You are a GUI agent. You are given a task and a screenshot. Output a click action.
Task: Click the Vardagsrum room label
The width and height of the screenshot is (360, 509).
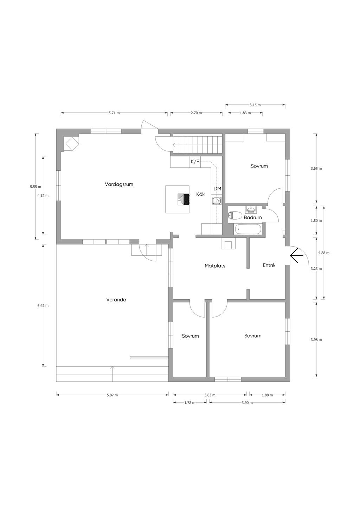tap(119, 184)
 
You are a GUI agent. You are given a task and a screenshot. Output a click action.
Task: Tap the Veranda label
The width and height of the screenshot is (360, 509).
tap(116, 300)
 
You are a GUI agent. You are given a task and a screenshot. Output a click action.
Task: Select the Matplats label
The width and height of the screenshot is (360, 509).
tap(215, 266)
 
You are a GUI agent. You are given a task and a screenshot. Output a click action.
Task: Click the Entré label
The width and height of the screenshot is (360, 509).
tap(269, 265)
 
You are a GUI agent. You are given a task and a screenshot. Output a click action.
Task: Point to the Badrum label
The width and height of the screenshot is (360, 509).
tap(253, 217)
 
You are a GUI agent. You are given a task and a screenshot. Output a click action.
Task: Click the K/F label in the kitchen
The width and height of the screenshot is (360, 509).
tap(195, 162)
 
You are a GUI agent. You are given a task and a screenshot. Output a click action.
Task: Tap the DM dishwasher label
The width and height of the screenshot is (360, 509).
tap(217, 189)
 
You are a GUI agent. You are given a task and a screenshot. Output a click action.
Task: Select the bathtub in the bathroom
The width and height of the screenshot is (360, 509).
tap(248, 229)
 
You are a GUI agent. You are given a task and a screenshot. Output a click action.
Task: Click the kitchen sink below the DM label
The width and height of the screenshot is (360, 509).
tap(217, 201)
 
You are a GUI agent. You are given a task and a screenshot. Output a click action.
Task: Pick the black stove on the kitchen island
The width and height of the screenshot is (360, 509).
tap(186, 199)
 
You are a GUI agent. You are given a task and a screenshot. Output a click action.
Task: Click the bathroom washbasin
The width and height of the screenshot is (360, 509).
tap(251, 209)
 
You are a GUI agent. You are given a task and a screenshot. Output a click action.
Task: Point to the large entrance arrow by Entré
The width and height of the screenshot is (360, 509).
tap(297, 256)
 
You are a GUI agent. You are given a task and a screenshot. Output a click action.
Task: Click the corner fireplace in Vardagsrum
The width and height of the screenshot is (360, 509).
tap(72, 143)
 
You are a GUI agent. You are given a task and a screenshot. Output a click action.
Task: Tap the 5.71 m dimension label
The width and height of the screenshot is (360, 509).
tap(114, 113)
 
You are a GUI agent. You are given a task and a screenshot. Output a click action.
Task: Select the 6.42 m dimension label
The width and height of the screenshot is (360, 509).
tap(43, 306)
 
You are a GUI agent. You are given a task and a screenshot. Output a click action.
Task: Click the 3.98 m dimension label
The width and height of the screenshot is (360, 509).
tap(316, 340)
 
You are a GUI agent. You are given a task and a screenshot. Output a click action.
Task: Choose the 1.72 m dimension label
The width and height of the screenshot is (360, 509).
tap(189, 403)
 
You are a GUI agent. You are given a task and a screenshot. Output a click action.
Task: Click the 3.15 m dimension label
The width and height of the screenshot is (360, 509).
tap(255, 105)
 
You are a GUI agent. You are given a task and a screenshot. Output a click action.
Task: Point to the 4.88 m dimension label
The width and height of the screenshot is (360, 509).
tap(324, 253)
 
